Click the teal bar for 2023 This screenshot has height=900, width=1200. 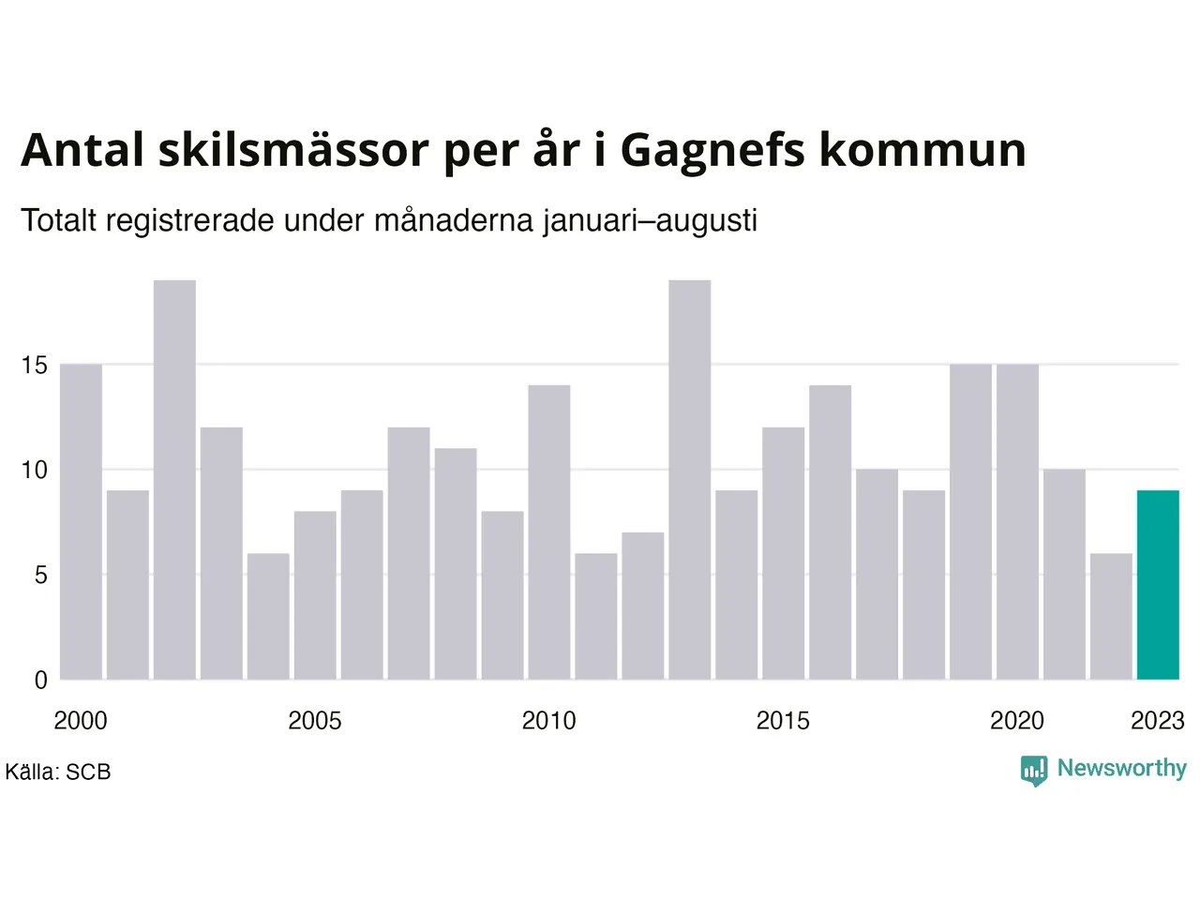pos(1158,585)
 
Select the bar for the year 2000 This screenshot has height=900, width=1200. pos(81,522)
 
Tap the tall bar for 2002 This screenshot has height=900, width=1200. pos(174,480)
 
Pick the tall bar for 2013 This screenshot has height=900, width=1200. pos(690,480)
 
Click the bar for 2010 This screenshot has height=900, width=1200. pos(549,532)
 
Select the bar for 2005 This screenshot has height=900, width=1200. pos(315,595)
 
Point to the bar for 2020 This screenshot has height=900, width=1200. pos(1017,522)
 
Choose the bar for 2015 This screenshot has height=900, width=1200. pos(784,553)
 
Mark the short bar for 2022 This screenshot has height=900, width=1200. pos(1112,616)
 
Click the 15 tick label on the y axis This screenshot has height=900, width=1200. pos(34,365)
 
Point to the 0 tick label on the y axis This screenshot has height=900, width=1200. pos(40,681)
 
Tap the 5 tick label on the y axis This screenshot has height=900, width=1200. pos(40,575)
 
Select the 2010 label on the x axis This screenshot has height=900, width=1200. pos(548,721)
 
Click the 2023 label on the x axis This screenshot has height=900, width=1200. pos(1158,721)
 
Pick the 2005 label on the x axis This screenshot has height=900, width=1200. pos(315,721)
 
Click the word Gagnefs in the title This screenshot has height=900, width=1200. pos(712,151)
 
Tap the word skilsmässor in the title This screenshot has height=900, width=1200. pos(294,150)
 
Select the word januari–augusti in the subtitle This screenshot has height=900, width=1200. pos(650,221)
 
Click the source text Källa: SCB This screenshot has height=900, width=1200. pos(58,772)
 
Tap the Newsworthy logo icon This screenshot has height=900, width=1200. pos(1034,770)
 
